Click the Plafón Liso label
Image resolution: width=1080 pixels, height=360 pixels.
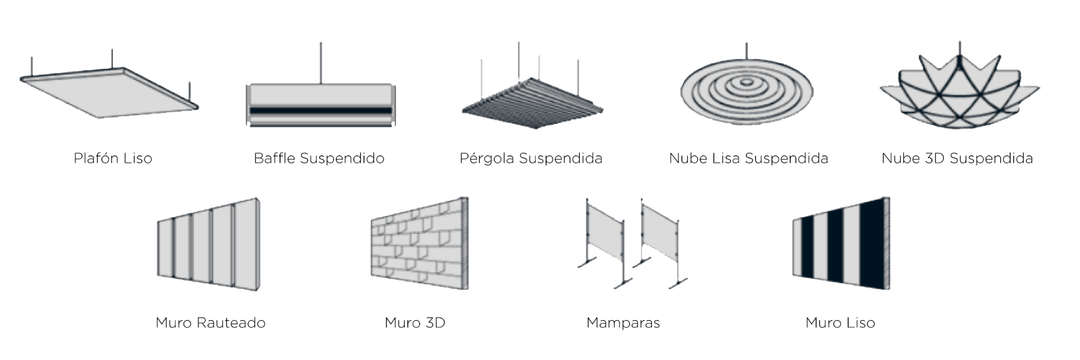pyautogui.click(x=112, y=159)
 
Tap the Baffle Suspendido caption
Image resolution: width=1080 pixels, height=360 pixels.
pyautogui.click(x=319, y=159)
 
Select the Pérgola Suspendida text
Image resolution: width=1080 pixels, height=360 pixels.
pyautogui.click(x=531, y=159)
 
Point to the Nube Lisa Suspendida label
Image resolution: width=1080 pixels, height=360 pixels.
pyautogui.click(x=748, y=159)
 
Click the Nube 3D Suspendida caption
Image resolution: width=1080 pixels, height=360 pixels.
pyautogui.click(x=957, y=159)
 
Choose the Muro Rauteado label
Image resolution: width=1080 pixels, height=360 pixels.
pyautogui.click(x=210, y=323)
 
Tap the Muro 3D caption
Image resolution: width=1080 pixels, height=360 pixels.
pyautogui.click(x=415, y=323)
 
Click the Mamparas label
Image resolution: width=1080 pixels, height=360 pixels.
pyautogui.click(x=623, y=323)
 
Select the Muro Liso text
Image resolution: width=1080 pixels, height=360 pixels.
pyautogui.click(x=840, y=323)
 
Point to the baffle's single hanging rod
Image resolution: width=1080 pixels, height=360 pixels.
pyautogui.click(x=321, y=62)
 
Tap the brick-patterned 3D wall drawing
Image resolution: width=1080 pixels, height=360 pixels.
pyautogui.click(x=419, y=245)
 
